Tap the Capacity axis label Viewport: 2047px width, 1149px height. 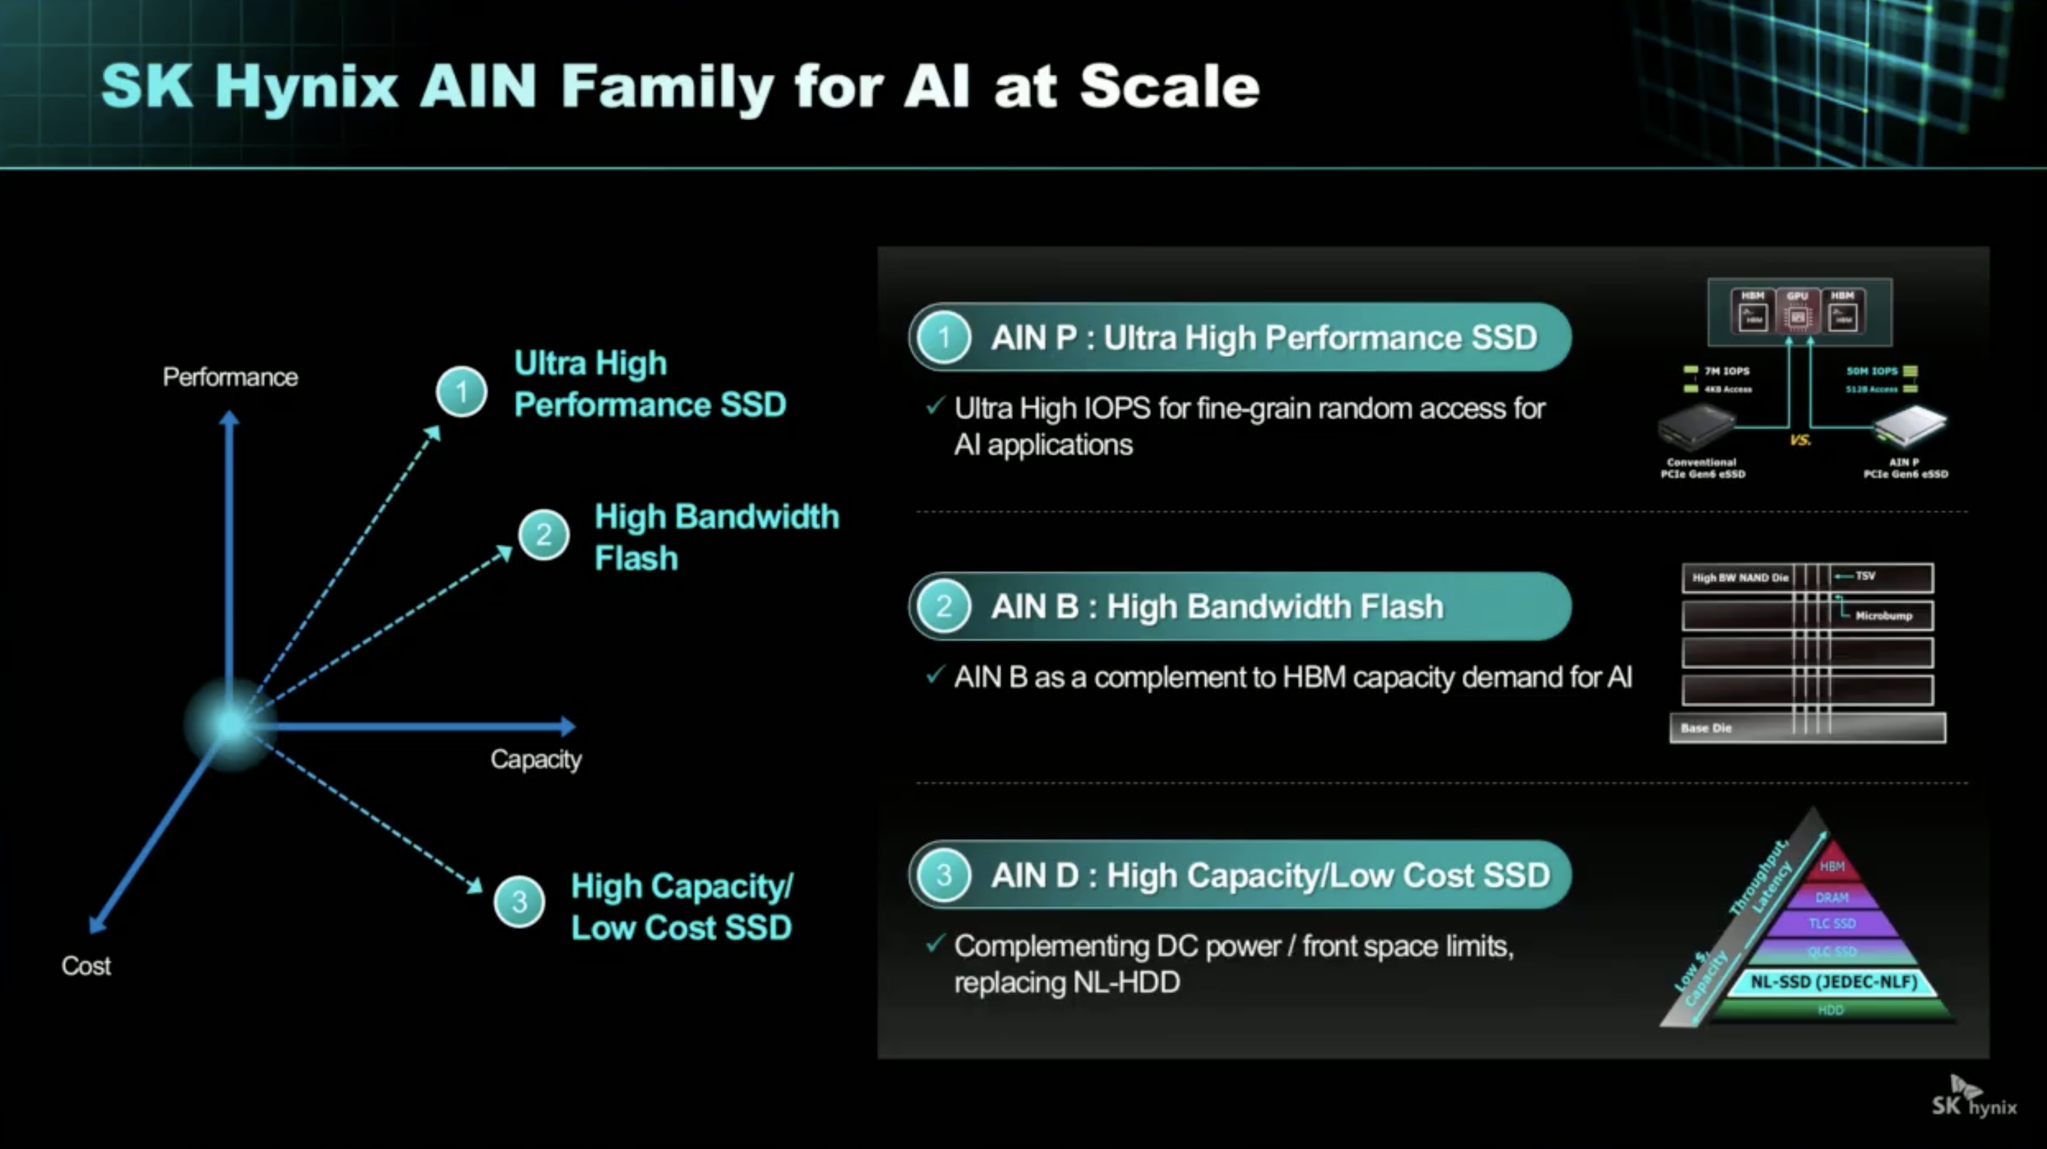pos(536,759)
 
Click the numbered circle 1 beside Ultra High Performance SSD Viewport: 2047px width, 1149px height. pos(462,392)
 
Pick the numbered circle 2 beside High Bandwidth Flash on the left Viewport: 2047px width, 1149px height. pos(544,535)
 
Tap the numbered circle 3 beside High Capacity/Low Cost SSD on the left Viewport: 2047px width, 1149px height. pos(519,902)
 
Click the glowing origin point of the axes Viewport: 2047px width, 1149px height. pos(231,725)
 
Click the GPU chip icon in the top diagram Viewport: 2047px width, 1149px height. pos(1797,311)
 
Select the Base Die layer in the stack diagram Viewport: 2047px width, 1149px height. pos(1808,728)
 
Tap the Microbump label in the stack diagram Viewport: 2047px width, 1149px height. pos(1884,616)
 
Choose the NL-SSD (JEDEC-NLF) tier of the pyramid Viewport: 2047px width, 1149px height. pos(1833,982)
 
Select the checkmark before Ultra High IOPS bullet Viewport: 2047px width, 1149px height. pos(935,407)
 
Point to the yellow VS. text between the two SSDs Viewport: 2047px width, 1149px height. pos(1800,440)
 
